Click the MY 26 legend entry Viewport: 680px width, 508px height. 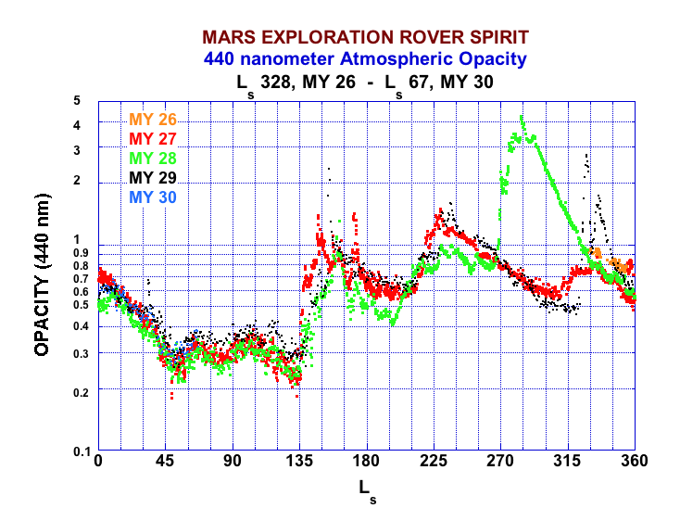tap(153, 120)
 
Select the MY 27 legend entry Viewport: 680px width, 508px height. tap(153, 139)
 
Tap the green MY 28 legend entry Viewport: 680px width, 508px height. tap(153, 159)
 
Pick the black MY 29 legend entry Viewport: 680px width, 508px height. tap(153, 178)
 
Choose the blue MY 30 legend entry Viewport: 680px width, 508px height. tap(153, 197)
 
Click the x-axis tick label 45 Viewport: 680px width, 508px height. tap(165, 463)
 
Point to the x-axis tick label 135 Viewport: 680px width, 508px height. tap(299, 463)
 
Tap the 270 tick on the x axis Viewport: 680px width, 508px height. tap(500, 463)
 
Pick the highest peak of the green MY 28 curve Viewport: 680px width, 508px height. tap(523, 119)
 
